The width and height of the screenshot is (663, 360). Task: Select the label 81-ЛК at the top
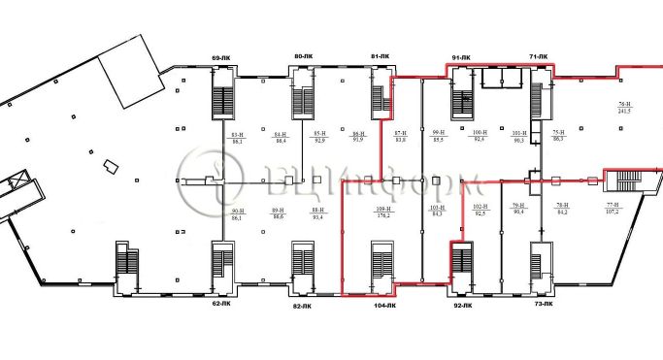tap(381, 57)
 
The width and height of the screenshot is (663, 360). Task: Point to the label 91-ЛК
tap(461, 58)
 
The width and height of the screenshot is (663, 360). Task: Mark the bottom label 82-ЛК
tap(302, 307)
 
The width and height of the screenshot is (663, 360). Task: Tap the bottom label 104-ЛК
tap(384, 306)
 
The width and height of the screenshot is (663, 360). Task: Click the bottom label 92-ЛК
tap(462, 306)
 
